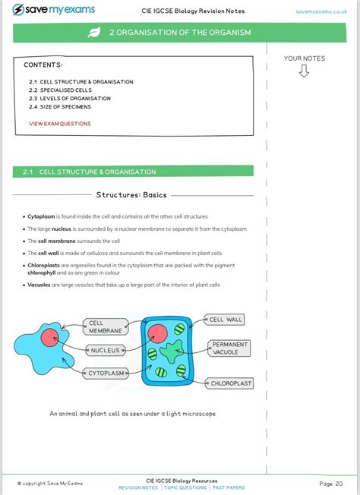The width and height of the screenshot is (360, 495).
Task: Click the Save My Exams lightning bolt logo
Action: pos(17,9)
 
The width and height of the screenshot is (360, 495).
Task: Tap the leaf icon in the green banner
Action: pos(94,32)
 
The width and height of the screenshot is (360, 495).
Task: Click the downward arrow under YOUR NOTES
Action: pos(304,71)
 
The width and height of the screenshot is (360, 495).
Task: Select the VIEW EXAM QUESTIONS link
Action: pos(60,124)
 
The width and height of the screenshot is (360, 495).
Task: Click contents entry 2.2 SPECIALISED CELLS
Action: pos(60,90)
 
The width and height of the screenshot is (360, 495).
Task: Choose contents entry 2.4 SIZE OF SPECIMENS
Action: pos(60,107)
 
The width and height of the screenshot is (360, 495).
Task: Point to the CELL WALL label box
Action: pos(224,320)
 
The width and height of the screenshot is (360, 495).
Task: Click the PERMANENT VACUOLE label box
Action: pos(229,348)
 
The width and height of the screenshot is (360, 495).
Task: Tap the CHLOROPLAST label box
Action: pos(229,383)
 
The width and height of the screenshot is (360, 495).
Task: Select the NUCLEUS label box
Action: pos(106,351)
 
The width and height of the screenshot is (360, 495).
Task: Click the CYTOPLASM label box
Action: pos(106,373)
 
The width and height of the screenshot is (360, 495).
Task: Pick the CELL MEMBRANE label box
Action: pos(106,326)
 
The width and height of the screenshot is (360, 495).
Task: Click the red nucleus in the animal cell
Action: pos(50,338)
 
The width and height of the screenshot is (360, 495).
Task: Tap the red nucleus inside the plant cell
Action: pos(157,333)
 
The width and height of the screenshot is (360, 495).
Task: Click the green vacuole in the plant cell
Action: pos(172,351)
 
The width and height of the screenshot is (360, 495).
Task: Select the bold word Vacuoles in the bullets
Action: pos(39,285)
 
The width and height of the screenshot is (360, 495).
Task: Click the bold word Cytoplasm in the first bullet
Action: pos(41,216)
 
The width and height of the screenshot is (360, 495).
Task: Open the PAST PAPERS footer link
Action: pos(229,487)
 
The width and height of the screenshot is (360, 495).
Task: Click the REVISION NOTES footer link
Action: pos(138,487)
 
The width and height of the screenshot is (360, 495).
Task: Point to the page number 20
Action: pos(339,484)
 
